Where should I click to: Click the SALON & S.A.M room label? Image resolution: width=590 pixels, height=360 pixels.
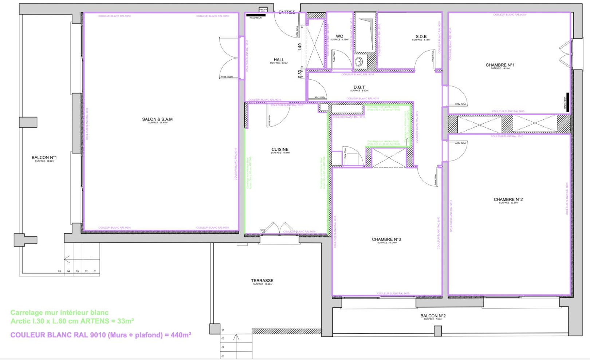click(x=157, y=119)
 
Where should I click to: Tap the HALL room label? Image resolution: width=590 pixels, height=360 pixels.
click(x=279, y=60)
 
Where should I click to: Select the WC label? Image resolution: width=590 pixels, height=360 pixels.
click(x=339, y=36)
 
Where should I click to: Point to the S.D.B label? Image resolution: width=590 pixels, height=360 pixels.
click(x=421, y=37)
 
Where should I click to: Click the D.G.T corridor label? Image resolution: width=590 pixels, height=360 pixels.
click(x=359, y=87)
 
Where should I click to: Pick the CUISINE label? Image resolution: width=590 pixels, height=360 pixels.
click(x=280, y=150)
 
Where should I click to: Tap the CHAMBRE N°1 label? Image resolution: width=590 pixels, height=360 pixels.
click(x=500, y=65)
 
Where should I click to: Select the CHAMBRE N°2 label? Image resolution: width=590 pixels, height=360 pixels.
click(x=508, y=199)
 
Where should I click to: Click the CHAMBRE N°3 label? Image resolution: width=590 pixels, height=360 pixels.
click(x=386, y=240)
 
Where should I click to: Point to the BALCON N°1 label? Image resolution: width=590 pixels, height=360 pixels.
click(x=44, y=158)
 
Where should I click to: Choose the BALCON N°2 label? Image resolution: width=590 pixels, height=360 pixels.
click(x=433, y=316)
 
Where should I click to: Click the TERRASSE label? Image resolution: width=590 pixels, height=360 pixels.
click(x=262, y=281)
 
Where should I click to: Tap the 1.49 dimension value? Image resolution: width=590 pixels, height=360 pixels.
click(x=300, y=47)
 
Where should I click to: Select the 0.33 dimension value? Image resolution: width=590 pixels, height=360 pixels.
click(x=300, y=74)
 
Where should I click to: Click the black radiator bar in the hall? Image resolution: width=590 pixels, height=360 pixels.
click(x=256, y=15)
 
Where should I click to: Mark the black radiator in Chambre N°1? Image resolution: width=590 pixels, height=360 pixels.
click(x=567, y=102)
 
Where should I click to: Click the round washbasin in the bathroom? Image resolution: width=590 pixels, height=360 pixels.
click(x=359, y=62)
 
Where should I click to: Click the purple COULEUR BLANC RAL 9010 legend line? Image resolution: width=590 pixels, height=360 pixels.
click(x=101, y=335)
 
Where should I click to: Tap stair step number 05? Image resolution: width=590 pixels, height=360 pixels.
click(x=59, y=271)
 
